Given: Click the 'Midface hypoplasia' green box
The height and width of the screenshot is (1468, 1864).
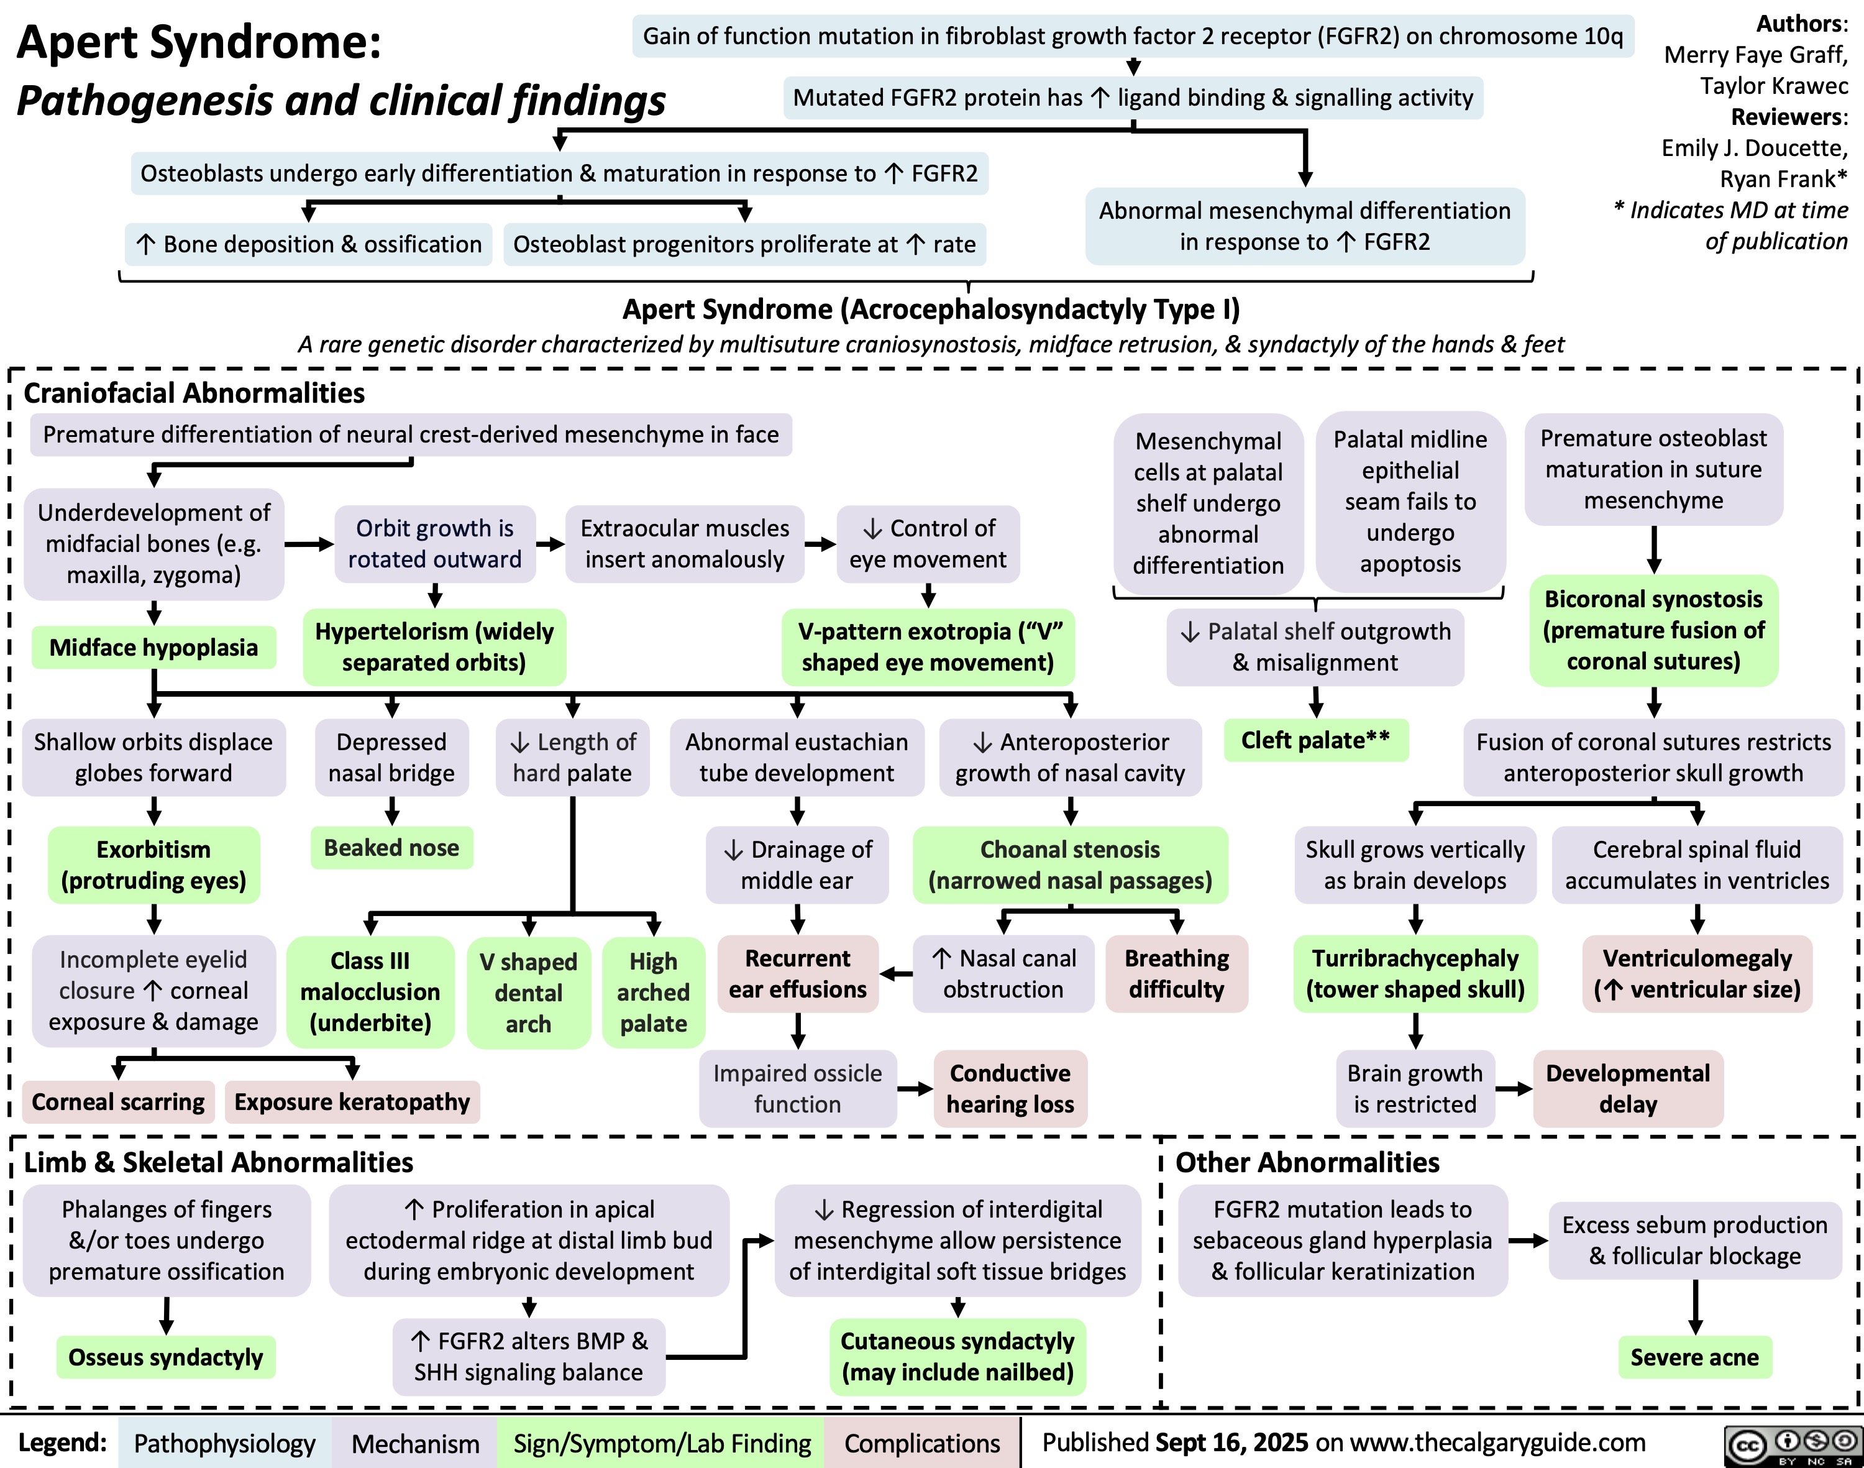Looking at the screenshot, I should [x=154, y=647].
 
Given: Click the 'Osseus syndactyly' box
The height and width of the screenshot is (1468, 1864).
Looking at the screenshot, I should [x=166, y=1357].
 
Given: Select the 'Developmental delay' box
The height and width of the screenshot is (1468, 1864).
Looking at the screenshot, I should [x=1628, y=1088].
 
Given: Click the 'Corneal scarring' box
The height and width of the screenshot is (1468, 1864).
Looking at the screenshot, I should [x=119, y=1102].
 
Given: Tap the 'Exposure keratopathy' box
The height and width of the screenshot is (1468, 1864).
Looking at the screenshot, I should [x=352, y=1102].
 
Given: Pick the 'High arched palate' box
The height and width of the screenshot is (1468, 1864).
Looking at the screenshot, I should [x=653, y=992].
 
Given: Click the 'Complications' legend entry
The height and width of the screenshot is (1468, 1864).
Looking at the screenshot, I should [x=921, y=1443].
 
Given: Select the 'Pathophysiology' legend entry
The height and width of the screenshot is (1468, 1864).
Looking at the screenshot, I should [x=224, y=1443].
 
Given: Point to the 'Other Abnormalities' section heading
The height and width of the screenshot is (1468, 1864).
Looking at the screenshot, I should [x=1307, y=1162].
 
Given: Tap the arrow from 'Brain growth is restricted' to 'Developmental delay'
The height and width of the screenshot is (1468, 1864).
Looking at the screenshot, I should [x=1514, y=1089].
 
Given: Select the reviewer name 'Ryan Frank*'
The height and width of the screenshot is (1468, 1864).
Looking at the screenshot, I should [x=1783, y=179].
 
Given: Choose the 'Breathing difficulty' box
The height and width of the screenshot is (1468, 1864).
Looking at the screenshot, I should [x=1176, y=974].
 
